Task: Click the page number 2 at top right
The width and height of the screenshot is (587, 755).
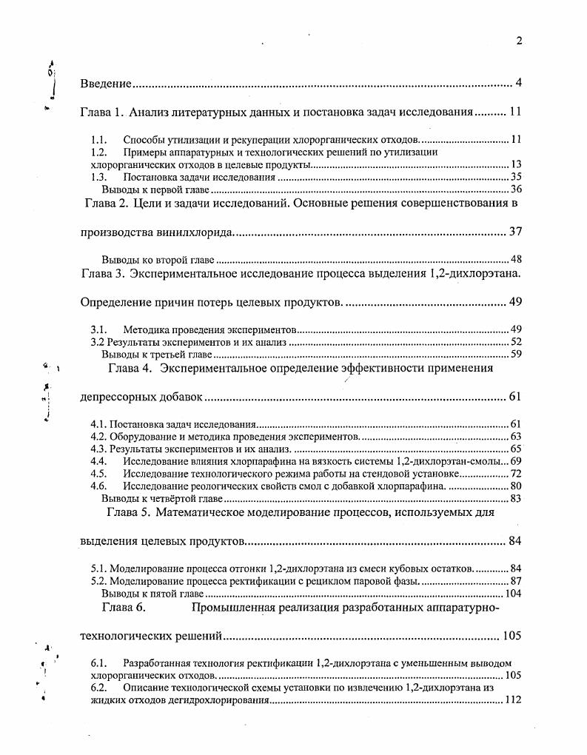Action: point(519,41)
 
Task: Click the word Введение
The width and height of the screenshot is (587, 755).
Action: point(106,82)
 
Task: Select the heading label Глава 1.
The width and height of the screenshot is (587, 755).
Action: point(102,113)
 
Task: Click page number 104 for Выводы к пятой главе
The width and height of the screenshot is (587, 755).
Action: point(513,594)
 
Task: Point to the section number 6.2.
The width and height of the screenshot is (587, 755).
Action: point(99,688)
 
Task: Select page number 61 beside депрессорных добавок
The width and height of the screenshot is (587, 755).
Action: point(516,397)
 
